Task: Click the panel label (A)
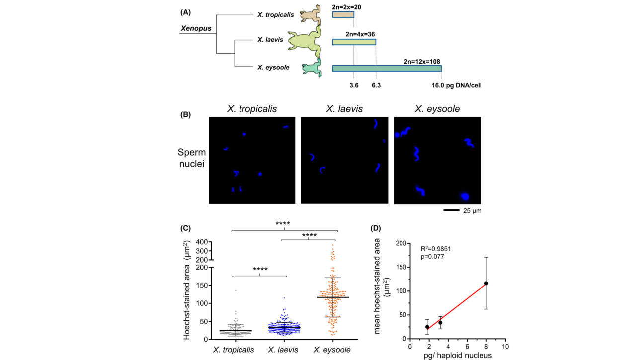pos(185,12)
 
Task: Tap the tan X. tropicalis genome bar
pos(343,14)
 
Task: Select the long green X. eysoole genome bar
pos(387,68)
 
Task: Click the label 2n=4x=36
pos(360,34)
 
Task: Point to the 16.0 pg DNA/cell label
pos(457,85)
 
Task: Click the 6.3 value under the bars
pos(376,85)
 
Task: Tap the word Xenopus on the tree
pos(196,28)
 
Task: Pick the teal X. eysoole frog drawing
pos(312,68)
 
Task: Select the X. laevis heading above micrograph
pos(344,109)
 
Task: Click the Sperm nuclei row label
pos(192,158)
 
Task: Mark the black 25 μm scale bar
pos(451,210)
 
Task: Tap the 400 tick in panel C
pos(202,242)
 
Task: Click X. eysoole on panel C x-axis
pos(332,350)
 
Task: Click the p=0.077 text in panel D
pos(432,257)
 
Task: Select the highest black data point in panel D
pos(486,283)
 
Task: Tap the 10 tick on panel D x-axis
pos(505,346)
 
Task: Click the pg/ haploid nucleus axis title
pos(458,355)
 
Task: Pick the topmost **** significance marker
pos(282,223)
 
